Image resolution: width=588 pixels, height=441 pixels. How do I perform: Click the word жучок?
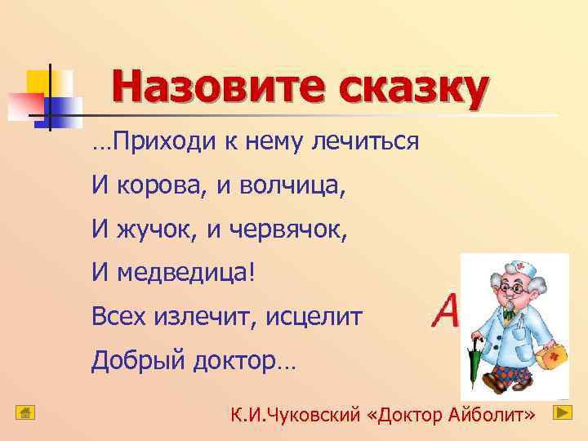click(156, 230)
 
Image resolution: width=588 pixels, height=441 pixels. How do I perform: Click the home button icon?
click(25, 412)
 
